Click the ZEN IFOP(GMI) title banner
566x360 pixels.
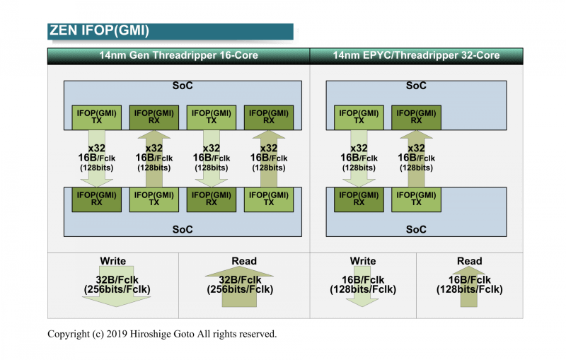pos(170,31)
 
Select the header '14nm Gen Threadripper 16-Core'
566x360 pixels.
pos(178,55)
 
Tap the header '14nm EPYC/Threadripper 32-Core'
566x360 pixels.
pos(416,55)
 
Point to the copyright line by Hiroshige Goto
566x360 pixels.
pos(162,334)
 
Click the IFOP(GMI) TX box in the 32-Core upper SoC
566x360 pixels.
pos(359,117)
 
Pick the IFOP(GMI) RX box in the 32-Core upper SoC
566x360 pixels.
pos(416,117)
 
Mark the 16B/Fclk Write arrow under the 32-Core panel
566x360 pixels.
pos(363,286)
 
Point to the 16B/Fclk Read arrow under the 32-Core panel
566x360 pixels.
pos(469,286)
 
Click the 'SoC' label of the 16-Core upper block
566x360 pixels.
pos(183,86)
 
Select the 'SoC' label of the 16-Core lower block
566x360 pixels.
pos(183,230)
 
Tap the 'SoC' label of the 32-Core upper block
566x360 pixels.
pos(416,86)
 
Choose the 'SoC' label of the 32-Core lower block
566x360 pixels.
pos(416,230)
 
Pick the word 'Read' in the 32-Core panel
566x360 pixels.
pos(469,261)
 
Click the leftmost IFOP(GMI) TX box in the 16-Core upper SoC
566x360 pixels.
pos(96,117)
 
